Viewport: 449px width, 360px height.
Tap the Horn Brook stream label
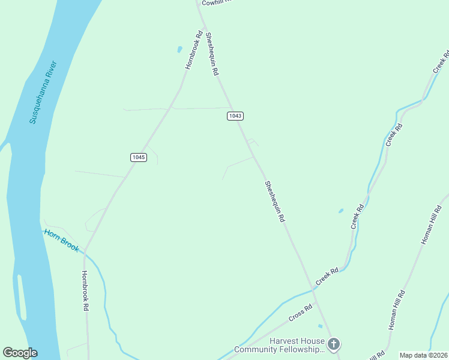pyautogui.click(x=61, y=239)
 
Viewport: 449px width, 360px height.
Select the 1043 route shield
pyautogui.click(x=235, y=115)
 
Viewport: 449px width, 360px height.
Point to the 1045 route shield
pyautogui.click(x=138, y=157)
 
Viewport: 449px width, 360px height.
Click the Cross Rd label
pyautogui.click(x=300, y=313)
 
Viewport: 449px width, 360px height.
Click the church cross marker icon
pyautogui.click(x=334, y=344)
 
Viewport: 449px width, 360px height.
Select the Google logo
pyautogui.click(x=20, y=353)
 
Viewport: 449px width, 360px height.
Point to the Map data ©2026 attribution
pyautogui.click(x=423, y=355)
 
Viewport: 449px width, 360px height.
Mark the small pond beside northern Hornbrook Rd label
pyautogui.click(x=179, y=49)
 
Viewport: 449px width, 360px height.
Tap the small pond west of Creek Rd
pyautogui.click(x=341, y=211)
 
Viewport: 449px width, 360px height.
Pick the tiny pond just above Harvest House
pyautogui.click(x=320, y=326)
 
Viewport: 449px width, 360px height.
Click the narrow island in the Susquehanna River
pyautogui.click(x=22, y=297)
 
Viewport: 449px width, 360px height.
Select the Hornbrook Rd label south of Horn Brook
pyautogui.click(x=85, y=290)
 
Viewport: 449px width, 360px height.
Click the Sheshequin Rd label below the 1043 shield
pyautogui.click(x=274, y=202)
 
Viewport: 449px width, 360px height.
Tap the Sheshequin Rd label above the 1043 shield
pyautogui.click(x=212, y=54)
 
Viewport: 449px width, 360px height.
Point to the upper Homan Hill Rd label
pyautogui.click(x=431, y=224)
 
